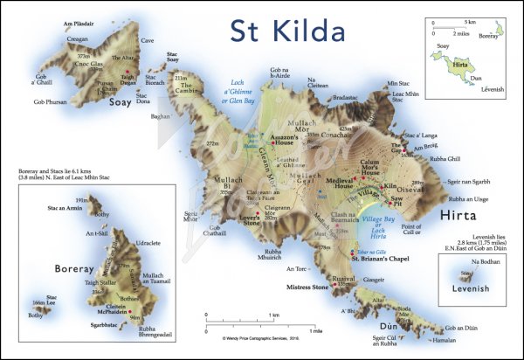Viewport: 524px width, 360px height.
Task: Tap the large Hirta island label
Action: pyautogui.click(x=467, y=215)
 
